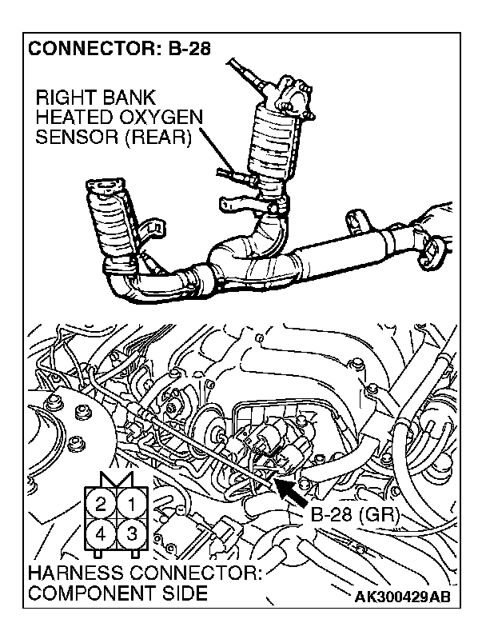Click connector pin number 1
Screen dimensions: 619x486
coord(133,504)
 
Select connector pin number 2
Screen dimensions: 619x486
coord(101,504)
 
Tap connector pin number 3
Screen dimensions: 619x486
coord(133,533)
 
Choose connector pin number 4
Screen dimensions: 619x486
coord(101,533)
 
